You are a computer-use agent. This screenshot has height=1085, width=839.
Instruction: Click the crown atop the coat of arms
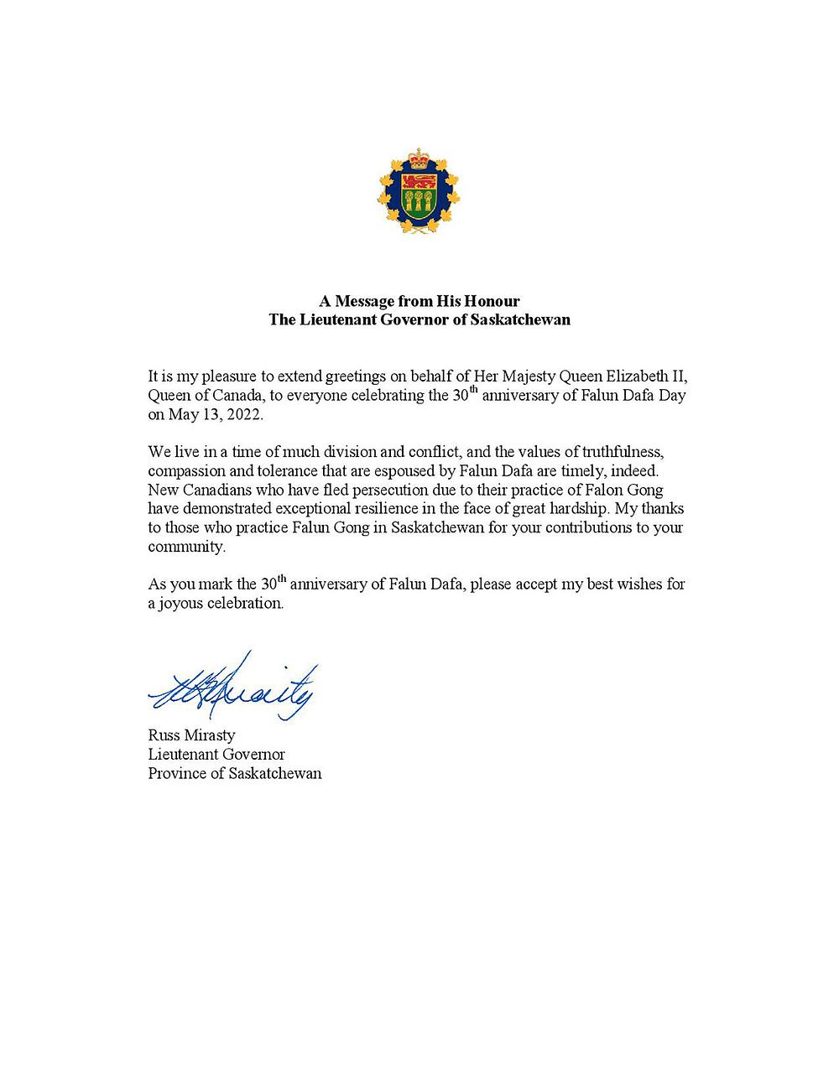pos(418,157)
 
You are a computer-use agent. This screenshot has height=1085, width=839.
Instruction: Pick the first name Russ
pos(164,735)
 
